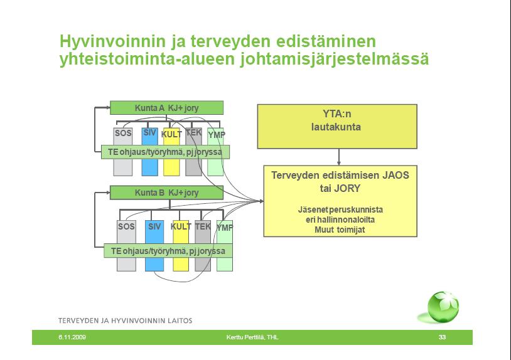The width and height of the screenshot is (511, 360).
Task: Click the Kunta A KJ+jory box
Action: point(166,108)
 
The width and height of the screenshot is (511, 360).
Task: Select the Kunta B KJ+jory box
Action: point(166,193)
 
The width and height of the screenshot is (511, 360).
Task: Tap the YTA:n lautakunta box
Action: point(337,127)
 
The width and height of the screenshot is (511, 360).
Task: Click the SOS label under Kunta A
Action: point(123,133)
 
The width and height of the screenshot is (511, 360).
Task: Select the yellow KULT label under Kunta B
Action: point(181,226)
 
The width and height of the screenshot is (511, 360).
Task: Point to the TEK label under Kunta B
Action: point(203,226)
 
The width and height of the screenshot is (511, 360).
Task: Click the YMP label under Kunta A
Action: point(217,134)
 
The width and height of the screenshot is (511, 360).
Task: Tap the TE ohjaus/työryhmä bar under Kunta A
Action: point(165,152)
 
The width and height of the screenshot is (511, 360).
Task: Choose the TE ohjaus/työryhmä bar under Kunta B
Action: point(168,251)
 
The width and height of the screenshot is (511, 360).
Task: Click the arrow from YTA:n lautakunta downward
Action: point(339,157)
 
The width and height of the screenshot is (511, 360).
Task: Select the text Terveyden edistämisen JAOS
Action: point(340,176)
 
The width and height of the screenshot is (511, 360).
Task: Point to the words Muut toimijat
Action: point(340,230)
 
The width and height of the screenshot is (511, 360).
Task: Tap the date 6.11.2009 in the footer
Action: point(72,337)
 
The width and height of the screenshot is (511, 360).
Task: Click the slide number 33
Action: point(442,337)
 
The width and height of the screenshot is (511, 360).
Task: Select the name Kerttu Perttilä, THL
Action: point(252,337)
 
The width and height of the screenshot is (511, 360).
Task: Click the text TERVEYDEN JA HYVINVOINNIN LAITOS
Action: point(125,320)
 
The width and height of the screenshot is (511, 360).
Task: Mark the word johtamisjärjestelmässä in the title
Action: point(335,60)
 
